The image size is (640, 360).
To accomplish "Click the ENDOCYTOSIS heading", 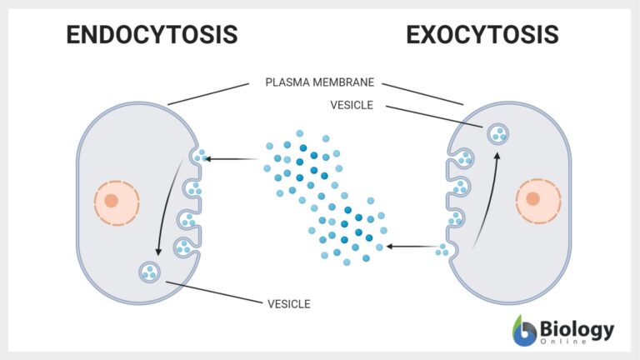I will [x=152, y=35].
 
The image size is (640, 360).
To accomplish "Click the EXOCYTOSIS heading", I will [x=482, y=35].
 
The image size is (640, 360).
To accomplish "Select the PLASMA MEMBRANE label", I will [x=319, y=82].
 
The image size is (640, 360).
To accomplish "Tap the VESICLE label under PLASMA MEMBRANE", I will [x=352, y=105].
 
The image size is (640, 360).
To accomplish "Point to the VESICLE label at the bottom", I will [x=289, y=304].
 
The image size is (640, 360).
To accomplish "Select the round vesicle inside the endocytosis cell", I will [x=150, y=272].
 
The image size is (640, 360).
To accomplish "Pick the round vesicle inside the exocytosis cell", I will [x=497, y=133].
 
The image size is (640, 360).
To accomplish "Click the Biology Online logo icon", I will [x=525, y=330].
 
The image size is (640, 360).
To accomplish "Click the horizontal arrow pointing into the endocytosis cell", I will [x=233, y=158].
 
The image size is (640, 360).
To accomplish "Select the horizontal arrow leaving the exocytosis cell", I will [x=412, y=247].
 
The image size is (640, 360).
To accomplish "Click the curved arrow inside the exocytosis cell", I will [x=487, y=200].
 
